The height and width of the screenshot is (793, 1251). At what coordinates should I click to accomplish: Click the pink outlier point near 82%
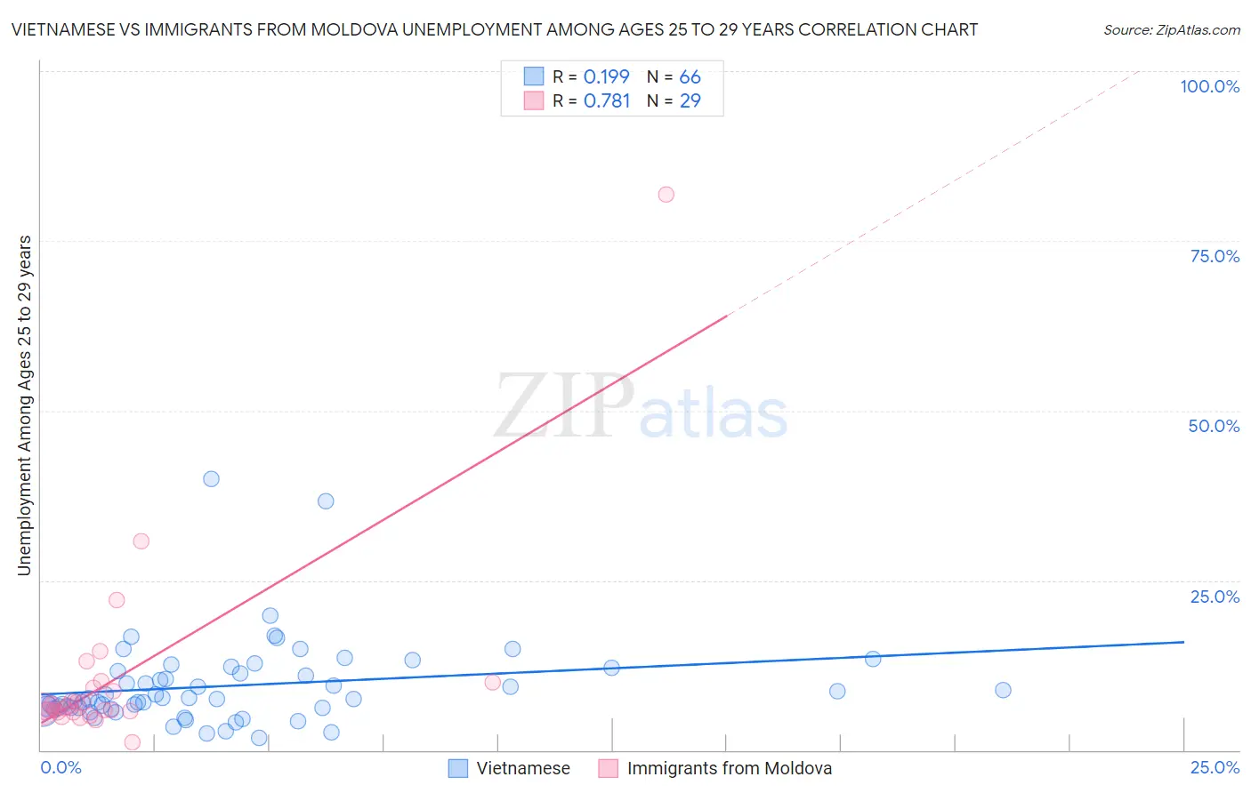666,195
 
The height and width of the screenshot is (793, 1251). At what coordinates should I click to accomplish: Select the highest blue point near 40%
211,479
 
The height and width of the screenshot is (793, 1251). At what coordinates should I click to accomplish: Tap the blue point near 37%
326,501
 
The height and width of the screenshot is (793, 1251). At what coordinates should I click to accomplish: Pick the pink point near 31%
141,541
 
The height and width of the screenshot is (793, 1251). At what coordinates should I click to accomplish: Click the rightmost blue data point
1003,690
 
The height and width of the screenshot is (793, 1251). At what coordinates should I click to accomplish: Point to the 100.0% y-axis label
1209,86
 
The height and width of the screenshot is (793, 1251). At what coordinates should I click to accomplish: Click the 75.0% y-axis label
1215,256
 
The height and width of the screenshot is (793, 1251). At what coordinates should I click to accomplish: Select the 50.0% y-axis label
1214,426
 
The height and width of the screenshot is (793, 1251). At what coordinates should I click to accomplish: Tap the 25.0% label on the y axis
1215,597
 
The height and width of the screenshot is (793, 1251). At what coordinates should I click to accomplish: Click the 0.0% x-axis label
61,767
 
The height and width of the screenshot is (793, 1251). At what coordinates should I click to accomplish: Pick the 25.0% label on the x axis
1215,767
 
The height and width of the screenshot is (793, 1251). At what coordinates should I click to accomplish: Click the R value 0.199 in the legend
606,77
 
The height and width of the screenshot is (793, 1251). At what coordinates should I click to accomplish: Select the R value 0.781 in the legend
606,101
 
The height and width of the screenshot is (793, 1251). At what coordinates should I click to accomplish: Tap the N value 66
690,77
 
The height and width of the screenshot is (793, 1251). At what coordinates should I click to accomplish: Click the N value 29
690,101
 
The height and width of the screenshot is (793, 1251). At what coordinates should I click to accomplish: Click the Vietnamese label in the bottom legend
523,768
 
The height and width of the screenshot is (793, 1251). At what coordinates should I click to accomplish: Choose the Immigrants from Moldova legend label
730,768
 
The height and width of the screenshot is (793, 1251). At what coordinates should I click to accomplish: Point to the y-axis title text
24,405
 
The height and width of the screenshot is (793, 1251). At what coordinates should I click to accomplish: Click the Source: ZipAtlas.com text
1171,30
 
